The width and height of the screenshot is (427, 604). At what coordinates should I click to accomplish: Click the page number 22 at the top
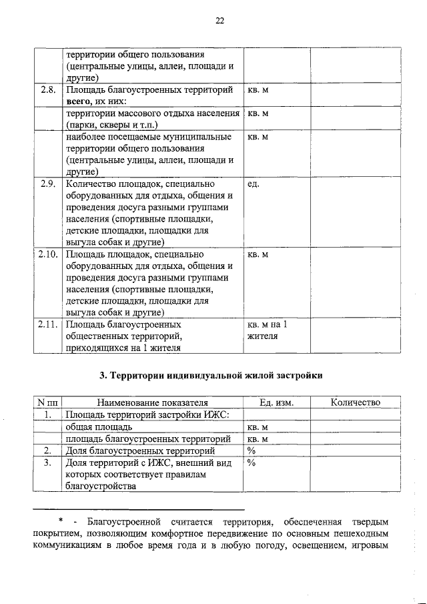tap(220, 21)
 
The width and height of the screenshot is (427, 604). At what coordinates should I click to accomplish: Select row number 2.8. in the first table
tap(47, 89)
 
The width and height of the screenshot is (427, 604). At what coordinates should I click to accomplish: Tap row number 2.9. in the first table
tap(47, 184)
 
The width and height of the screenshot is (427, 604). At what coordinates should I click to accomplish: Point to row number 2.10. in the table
tap(47, 254)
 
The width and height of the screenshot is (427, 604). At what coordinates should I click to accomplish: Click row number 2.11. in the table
tap(47, 325)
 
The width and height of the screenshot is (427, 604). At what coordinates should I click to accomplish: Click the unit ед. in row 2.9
tap(253, 184)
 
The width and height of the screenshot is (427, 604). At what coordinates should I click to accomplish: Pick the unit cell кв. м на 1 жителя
tap(267, 330)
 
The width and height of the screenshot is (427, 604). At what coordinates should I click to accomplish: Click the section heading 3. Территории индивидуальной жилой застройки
tap(211, 376)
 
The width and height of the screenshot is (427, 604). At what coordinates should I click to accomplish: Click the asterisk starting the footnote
tap(61, 521)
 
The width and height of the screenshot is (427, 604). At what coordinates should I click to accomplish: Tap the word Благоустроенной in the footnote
tap(129, 521)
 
